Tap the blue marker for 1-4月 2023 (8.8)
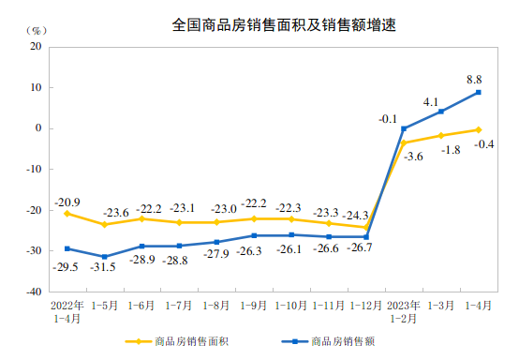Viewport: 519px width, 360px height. pyautogui.click(x=479, y=92)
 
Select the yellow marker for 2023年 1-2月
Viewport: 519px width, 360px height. pyautogui.click(x=404, y=142)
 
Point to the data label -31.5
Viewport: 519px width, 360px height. pyautogui.click(x=105, y=268)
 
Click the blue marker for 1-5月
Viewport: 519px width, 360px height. pyautogui.click(x=104, y=257)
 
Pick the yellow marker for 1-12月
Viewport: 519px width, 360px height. pyautogui.click(x=366, y=227)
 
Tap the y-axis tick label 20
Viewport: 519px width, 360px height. pyautogui.click(x=35, y=47)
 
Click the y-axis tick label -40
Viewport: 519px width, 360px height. pyautogui.click(x=32, y=292)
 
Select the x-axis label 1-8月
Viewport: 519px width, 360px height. pyautogui.click(x=216, y=305)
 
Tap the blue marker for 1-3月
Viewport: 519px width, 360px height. pyautogui.click(x=441, y=112)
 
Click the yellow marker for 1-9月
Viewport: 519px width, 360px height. pyautogui.click(x=254, y=218)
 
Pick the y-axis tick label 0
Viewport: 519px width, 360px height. pyautogui.click(x=37, y=128)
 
